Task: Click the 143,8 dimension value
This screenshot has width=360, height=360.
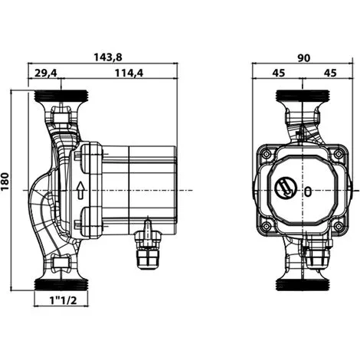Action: point(108,57)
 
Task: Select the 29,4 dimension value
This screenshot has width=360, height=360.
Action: point(46,74)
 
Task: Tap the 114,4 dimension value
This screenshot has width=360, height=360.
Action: point(129,74)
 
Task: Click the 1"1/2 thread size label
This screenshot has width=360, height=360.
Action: point(63,300)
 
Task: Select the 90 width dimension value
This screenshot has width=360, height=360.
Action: point(304,58)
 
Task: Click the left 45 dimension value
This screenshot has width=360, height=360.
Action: point(279,74)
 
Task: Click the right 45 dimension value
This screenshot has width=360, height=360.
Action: point(330,74)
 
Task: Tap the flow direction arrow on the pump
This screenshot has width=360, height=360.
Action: point(80,190)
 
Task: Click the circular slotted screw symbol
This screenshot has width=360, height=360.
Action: point(286,188)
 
